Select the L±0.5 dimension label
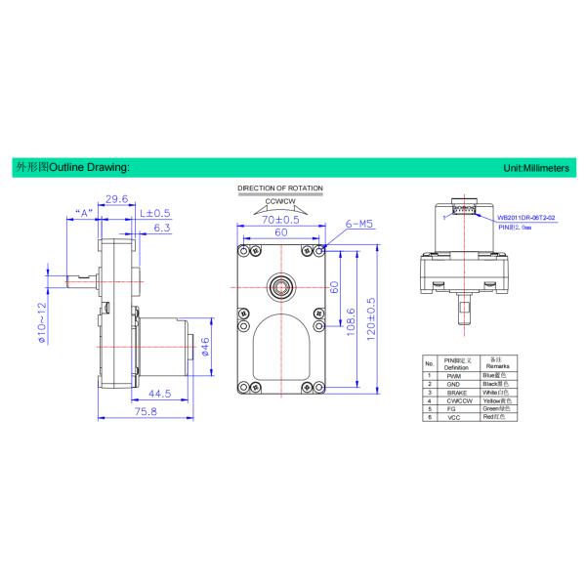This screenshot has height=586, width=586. click(x=155, y=212)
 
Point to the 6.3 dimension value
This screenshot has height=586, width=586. click(x=162, y=229)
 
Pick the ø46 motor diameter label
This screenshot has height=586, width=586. click(x=206, y=346)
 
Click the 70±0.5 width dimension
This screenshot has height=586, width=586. click(x=281, y=222)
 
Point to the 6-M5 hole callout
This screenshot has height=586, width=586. click(x=360, y=224)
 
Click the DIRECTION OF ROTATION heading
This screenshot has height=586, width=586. click(x=281, y=187)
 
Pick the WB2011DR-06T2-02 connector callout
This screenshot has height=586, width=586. click(x=526, y=216)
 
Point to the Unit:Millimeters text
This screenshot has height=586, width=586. click(x=535, y=168)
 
